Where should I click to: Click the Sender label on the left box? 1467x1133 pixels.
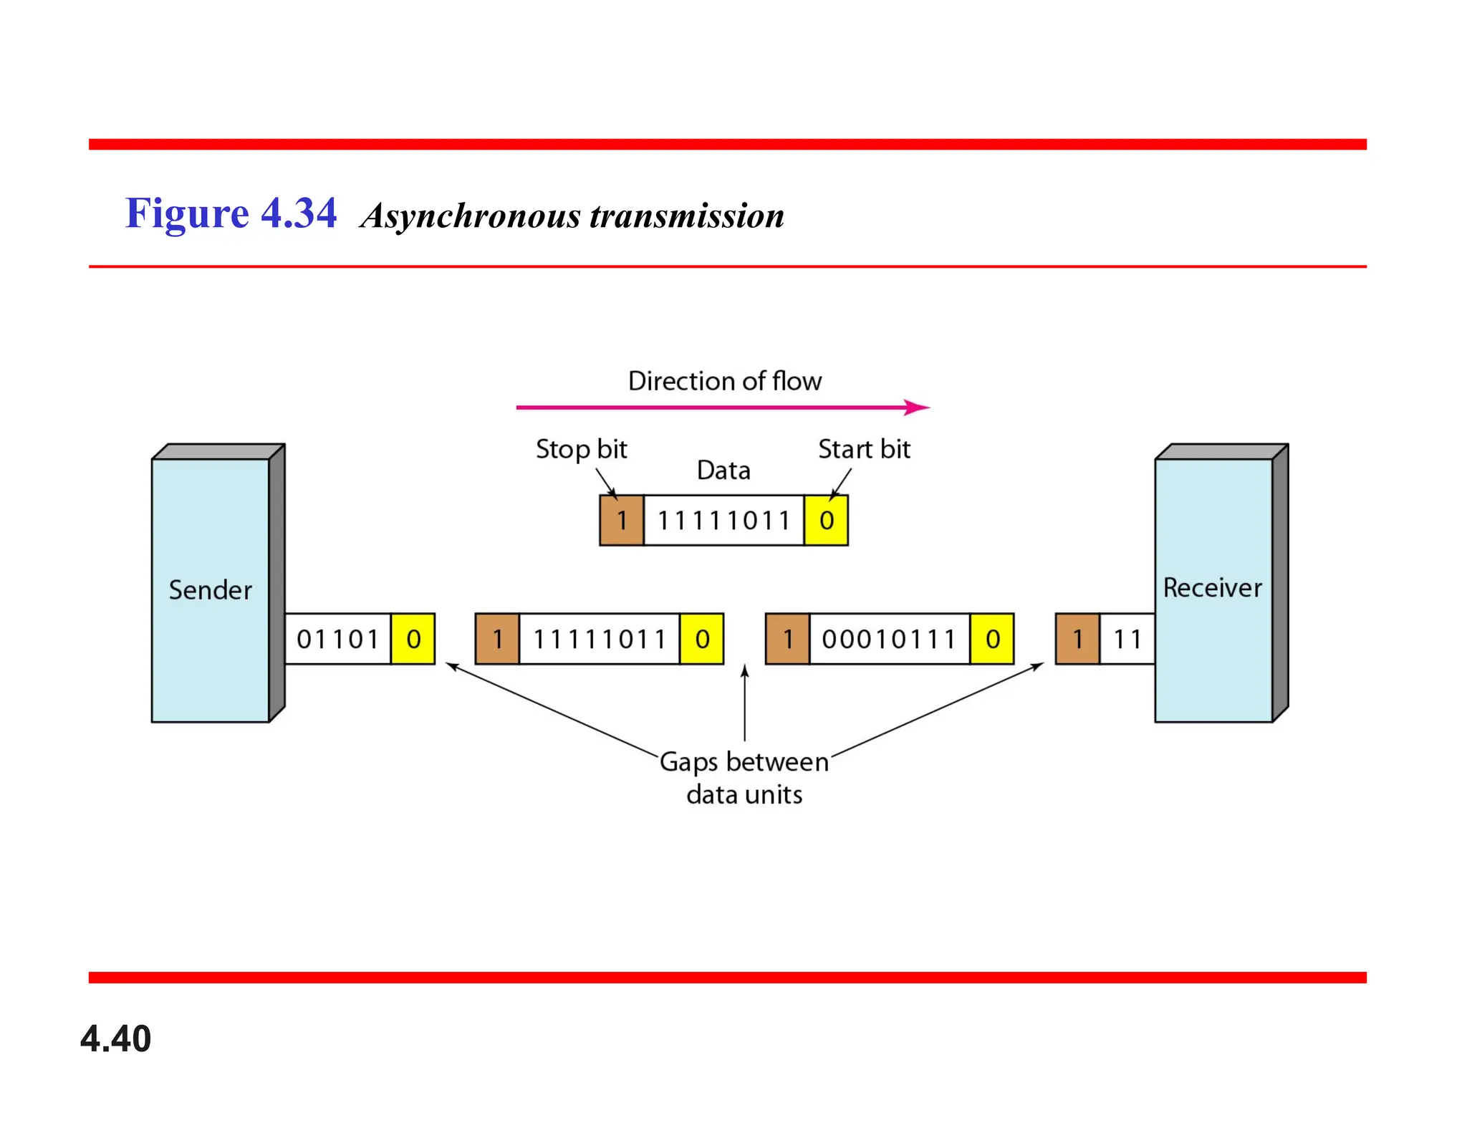tap(210, 590)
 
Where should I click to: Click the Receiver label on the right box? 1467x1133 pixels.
tap(1212, 588)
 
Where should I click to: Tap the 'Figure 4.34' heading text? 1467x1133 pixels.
tap(231, 213)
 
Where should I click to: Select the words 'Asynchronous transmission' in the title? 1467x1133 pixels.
tap(572, 216)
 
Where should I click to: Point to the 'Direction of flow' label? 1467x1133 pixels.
tap(724, 381)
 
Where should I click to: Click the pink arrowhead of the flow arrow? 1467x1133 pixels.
tap(917, 408)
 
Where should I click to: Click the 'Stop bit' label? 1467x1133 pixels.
tap(581, 450)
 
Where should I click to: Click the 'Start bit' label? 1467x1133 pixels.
tap(864, 450)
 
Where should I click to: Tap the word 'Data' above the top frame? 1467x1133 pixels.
tap(723, 471)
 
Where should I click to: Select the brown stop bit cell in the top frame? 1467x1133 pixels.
tap(621, 521)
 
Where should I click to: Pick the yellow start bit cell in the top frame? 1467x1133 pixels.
tap(826, 521)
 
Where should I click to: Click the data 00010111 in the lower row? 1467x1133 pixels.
tap(889, 639)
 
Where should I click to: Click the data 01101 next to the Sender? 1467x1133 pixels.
tap(337, 639)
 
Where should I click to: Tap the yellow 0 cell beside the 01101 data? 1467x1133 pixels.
tap(413, 639)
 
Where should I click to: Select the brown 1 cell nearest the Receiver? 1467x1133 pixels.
tap(1077, 639)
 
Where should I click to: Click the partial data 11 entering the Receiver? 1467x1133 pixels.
tap(1127, 639)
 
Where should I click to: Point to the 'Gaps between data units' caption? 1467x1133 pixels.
tap(744, 778)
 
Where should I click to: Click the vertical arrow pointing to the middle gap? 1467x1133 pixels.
tap(745, 702)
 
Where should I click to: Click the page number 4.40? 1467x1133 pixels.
tap(115, 1038)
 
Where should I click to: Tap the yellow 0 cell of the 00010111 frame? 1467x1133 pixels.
tap(992, 639)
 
